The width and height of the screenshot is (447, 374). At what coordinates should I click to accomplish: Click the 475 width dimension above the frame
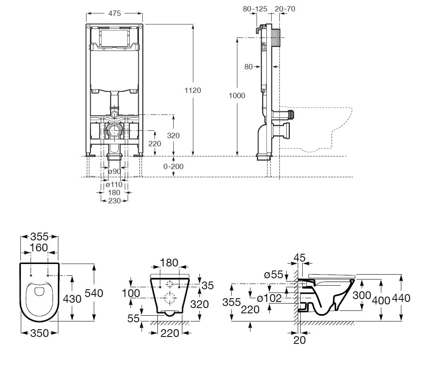pos(115,13)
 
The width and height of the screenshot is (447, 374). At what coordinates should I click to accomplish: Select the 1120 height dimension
pos(193,90)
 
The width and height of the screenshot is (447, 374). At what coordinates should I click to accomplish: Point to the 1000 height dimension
pos(237,95)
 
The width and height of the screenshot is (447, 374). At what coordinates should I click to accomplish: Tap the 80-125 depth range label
pos(255,9)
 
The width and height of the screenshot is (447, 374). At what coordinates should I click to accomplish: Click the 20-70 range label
pos(285,9)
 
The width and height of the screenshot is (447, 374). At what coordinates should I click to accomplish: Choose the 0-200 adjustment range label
pos(173,166)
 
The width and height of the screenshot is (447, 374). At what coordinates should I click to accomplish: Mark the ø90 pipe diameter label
pos(115,172)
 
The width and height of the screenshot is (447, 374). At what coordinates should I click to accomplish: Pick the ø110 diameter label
pos(114,185)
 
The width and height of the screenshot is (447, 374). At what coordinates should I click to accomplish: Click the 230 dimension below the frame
pos(115,201)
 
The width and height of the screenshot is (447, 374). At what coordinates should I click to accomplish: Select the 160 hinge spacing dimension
pos(39,248)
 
